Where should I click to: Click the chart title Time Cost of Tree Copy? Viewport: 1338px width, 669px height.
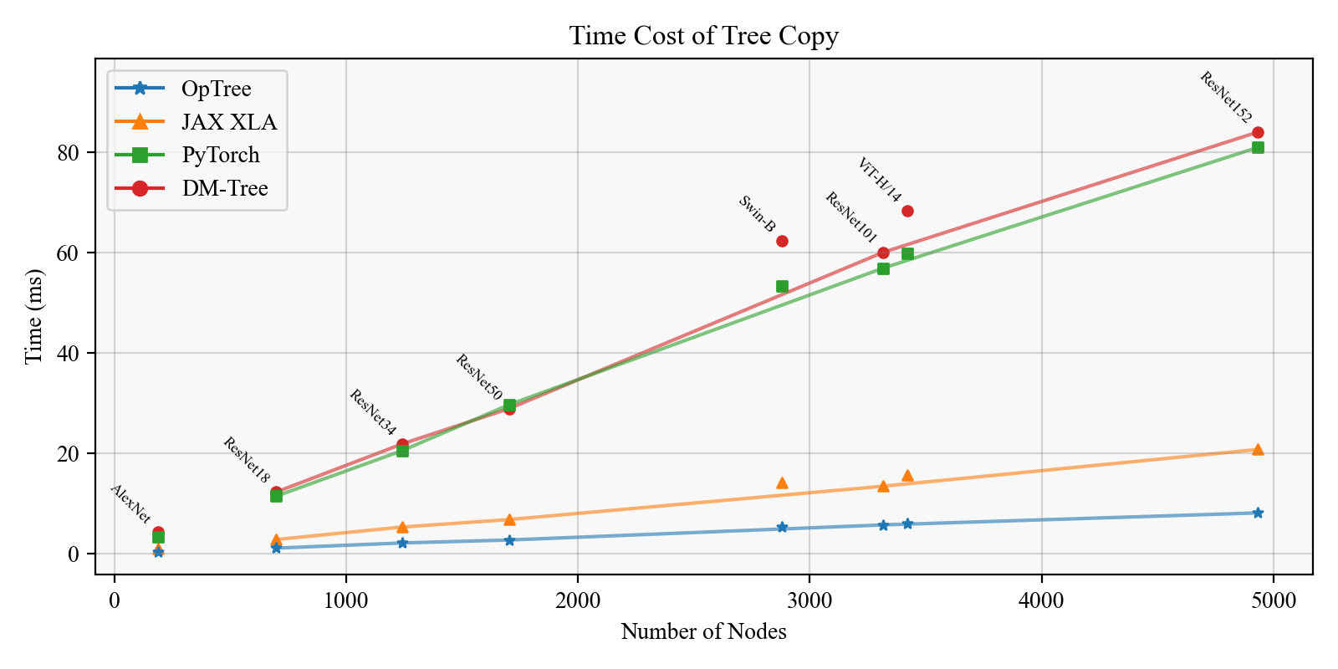tap(703, 36)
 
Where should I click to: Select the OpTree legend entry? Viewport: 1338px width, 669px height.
tap(216, 89)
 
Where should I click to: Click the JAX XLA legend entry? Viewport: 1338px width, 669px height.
tap(228, 122)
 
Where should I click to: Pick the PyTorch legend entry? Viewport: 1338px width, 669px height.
tap(220, 155)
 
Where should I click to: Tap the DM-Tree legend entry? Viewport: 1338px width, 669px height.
tap(224, 188)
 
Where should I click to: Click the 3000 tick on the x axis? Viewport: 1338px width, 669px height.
tap(809, 600)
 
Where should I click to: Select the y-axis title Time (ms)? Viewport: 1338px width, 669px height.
tap(33, 316)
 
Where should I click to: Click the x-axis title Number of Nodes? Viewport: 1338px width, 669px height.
tap(703, 631)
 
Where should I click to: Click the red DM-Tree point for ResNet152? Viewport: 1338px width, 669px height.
tap(1258, 132)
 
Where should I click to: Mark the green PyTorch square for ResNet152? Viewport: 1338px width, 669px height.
tap(1258, 147)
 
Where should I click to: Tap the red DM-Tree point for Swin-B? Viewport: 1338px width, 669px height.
tap(782, 241)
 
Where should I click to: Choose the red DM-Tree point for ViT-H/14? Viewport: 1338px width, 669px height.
tap(907, 211)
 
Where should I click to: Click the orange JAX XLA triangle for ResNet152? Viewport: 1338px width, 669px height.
tap(1258, 449)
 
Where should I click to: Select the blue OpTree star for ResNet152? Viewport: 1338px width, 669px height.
tap(1258, 513)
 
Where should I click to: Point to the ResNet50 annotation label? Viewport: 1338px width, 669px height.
tap(478, 377)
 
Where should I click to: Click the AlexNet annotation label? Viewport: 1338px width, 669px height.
tap(130, 504)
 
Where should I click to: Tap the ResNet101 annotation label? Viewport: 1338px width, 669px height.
tap(850, 217)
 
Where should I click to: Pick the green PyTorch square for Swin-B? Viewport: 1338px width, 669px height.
tap(782, 286)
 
